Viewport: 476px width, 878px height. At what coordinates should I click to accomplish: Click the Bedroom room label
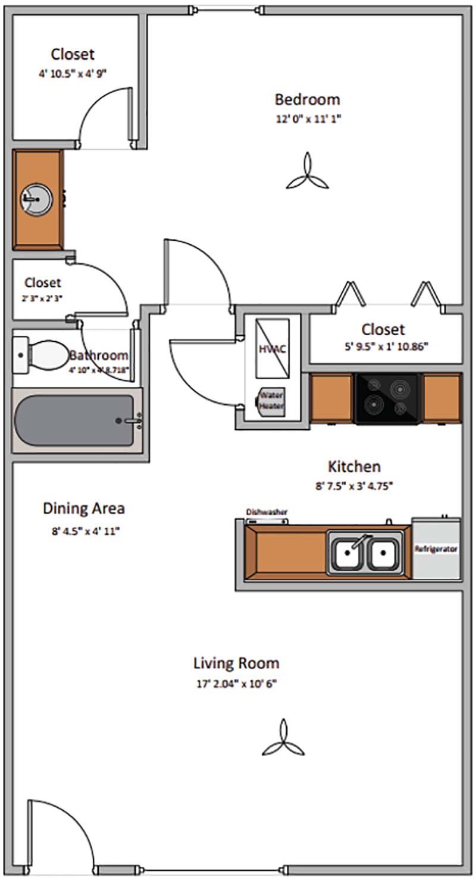(x=307, y=99)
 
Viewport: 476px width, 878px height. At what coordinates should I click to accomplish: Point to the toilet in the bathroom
(x=42, y=355)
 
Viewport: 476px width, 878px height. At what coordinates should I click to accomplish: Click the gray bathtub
(x=74, y=420)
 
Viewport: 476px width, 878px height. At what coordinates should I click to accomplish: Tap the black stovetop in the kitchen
(x=387, y=398)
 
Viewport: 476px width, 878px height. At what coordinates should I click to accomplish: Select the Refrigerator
(x=436, y=549)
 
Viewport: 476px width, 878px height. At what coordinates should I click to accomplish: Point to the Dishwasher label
(x=267, y=512)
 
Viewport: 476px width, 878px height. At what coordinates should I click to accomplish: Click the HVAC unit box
(x=273, y=348)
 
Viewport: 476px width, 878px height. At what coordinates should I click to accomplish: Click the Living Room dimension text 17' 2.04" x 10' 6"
(x=236, y=684)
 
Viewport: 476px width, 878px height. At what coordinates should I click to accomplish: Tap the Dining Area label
(x=84, y=509)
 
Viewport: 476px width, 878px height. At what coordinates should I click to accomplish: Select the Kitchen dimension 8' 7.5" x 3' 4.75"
(x=354, y=485)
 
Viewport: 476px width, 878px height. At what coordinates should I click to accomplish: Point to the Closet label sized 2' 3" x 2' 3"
(x=43, y=282)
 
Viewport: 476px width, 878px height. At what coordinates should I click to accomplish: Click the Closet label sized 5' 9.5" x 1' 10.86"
(x=383, y=329)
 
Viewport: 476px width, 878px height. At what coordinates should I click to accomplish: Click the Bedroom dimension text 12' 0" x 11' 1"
(x=307, y=118)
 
